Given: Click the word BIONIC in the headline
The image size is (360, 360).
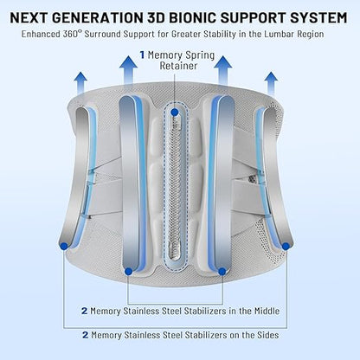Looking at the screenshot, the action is pos(191,18).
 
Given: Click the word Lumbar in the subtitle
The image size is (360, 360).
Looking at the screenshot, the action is pos(278,34).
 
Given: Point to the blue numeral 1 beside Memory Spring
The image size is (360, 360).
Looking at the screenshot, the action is pos(142,55).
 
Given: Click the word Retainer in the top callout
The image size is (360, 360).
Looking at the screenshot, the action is pos(178,66).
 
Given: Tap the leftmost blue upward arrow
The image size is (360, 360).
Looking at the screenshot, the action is pos(81,83).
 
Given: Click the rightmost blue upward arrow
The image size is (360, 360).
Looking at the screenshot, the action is pos(271,83).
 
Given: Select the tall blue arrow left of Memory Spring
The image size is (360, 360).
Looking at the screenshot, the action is pos(128,70).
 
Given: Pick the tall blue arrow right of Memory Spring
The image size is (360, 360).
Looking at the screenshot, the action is pos(223,70).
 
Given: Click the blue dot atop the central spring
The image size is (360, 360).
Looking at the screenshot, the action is pos(174,112).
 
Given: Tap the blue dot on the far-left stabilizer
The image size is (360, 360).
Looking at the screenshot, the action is pos(64,246).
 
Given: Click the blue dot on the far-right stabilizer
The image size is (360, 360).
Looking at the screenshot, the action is pos(286,246).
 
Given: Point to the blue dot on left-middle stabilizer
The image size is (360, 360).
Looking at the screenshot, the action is pos(129,271).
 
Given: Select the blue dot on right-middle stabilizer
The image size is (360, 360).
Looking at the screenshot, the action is pos(222,271).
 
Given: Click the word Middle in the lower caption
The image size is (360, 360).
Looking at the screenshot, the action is pos(267,311).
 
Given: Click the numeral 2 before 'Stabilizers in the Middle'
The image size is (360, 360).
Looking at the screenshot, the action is pos(84,312).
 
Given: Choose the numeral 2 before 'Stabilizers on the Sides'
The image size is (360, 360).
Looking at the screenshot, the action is pos(85,335).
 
